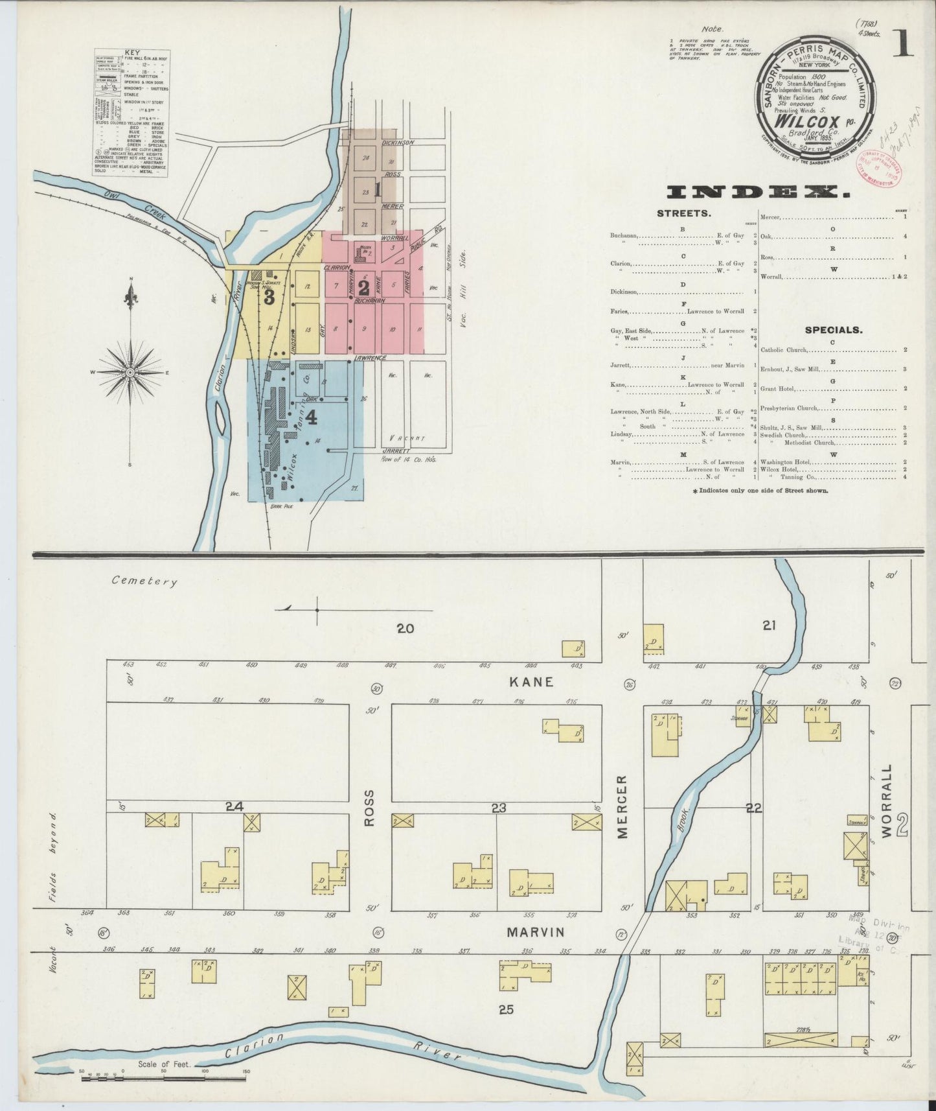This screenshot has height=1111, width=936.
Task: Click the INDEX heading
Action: click(758, 192)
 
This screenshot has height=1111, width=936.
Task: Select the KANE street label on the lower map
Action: click(531, 682)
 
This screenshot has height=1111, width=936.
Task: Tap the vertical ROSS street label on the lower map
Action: click(370, 808)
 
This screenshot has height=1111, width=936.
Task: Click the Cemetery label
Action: click(144, 581)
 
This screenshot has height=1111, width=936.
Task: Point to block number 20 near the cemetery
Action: click(405, 627)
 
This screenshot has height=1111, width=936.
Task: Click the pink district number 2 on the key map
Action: click(363, 287)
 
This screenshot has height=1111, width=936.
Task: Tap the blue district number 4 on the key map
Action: click(311, 418)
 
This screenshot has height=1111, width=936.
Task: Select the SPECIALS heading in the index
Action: click(833, 330)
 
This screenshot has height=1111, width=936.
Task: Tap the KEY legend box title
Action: click(131, 52)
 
